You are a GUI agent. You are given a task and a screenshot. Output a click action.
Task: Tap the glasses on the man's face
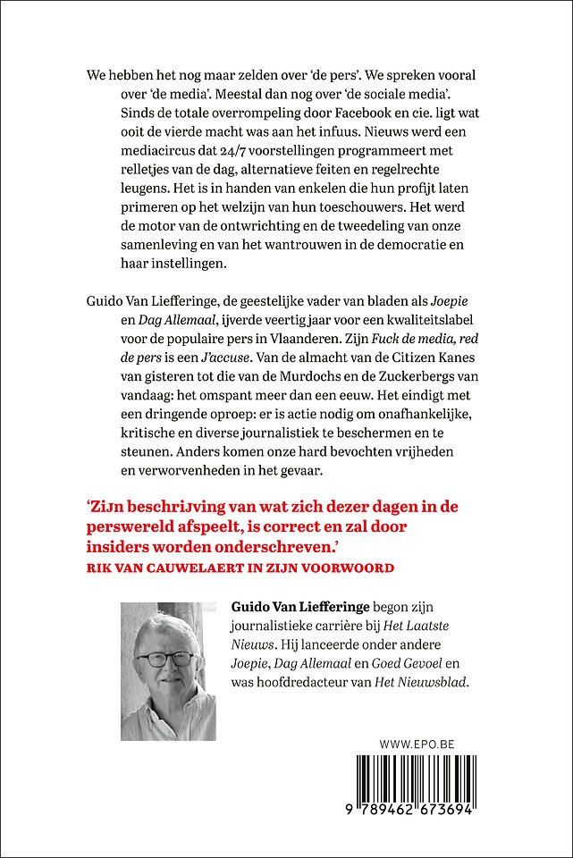tap(168, 660)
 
